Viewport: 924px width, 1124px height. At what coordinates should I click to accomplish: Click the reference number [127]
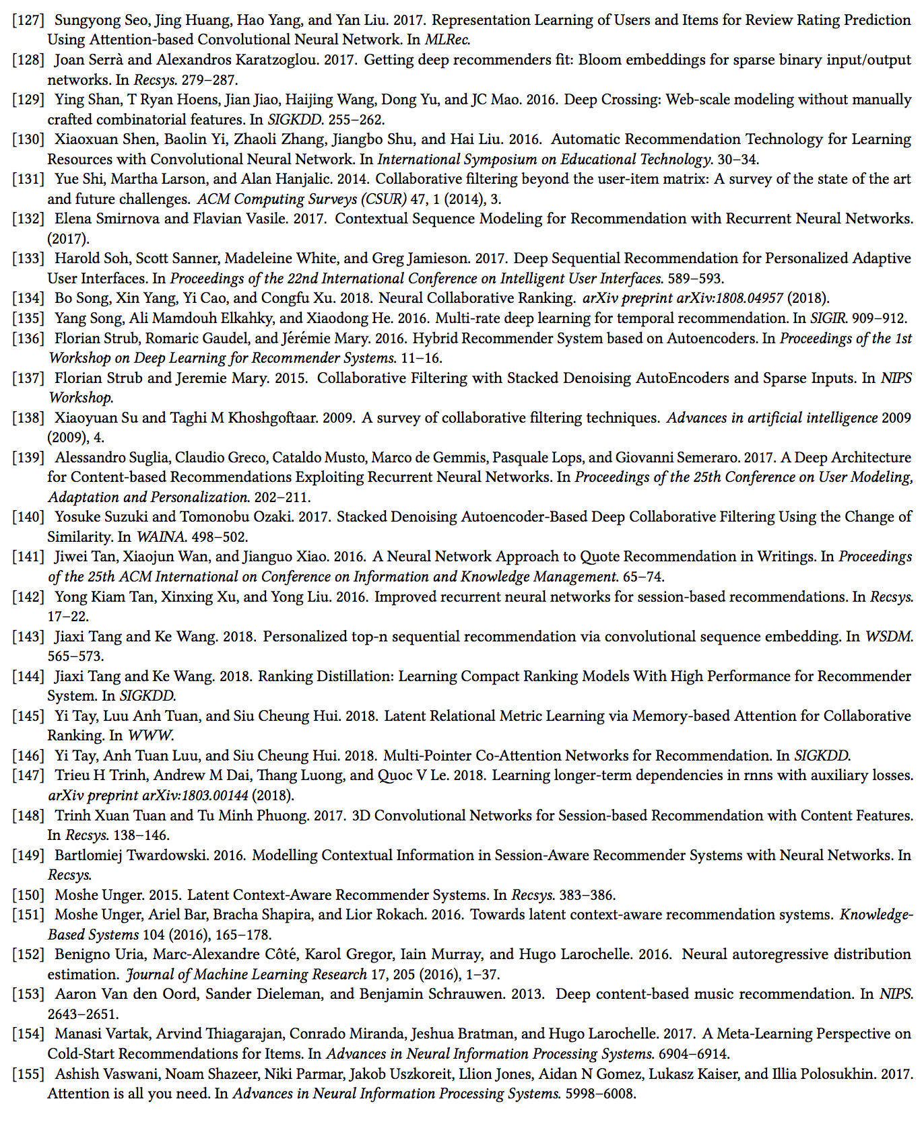point(28,20)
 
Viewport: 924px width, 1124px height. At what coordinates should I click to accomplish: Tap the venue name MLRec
point(447,40)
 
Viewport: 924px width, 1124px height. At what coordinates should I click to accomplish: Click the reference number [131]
point(28,179)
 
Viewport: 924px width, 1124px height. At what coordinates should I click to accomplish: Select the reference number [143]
point(28,637)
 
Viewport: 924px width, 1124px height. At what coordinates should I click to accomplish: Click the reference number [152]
point(28,954)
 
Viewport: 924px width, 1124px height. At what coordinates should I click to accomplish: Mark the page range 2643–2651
point(73,1014)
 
